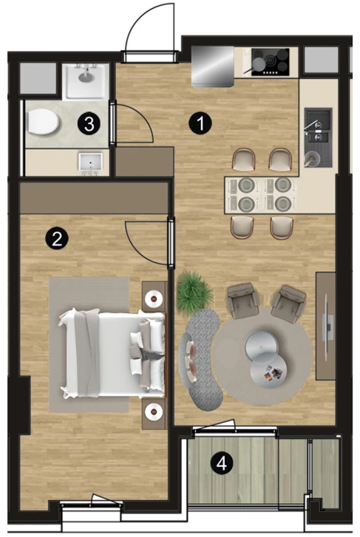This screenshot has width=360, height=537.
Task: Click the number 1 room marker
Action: [200, 123]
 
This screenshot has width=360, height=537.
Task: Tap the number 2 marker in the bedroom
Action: [57, 238]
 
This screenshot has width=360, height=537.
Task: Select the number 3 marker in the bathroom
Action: [89, 123]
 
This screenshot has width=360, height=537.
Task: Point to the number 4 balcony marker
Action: [223, 464]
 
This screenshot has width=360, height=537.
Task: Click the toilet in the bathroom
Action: [43, 122]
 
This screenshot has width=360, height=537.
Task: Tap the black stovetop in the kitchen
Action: [270, 62]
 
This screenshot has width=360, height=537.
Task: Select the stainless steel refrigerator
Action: [213, 66]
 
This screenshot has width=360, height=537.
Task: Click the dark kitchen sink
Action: [319, 137]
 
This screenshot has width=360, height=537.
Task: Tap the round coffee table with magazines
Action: [268, 371]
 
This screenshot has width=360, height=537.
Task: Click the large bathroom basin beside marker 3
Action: [86, 81]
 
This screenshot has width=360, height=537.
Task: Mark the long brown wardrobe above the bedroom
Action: [95, 198]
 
